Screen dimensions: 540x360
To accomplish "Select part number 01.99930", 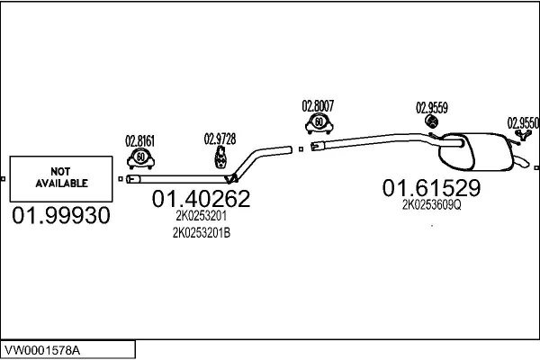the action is (61, 216).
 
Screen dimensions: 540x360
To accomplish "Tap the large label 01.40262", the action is (201, 198).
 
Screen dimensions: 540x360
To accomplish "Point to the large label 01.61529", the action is (431, 188).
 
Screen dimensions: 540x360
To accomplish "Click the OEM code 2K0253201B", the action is (202, 233).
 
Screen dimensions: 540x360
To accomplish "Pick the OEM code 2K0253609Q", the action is (431, 205).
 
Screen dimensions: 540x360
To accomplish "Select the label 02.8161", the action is (139, 141).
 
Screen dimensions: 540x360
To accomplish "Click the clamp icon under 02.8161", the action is (141, 158).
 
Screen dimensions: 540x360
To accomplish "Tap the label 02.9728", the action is (220, 139).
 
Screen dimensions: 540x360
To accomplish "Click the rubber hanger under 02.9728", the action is (220, 157).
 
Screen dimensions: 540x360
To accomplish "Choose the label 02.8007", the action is (318, 106).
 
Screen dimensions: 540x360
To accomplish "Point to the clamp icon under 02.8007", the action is (319, 123).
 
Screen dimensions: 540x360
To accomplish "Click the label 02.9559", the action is (432, 108).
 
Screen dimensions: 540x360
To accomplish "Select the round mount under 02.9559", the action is (431, 121).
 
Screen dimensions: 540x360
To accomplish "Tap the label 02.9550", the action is (523, 123).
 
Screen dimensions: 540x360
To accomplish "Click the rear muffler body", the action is (475, 151).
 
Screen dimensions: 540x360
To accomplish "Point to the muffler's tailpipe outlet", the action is (522, 161).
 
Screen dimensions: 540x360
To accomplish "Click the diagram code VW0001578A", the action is (42, 350).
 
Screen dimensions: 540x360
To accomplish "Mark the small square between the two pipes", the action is (301, 149).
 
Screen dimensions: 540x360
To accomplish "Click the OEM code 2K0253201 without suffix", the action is (201, 216).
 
